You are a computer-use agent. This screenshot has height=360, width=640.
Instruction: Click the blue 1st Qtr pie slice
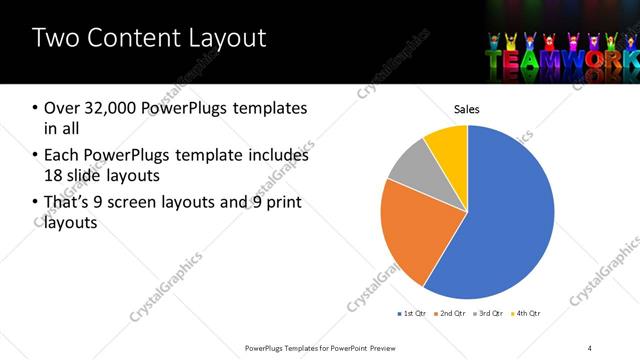[x=500, y=220]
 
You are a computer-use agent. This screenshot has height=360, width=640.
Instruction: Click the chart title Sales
[x=467, y=108]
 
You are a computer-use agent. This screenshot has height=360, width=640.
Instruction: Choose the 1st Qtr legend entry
[x=412, y=314]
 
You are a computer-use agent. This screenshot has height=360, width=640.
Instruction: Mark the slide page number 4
[x=590, y=348]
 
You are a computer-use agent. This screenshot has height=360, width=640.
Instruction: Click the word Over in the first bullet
[x=61, y=108]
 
